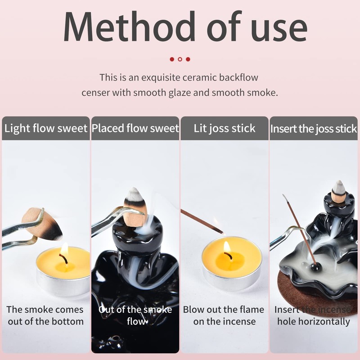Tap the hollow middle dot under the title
click(x=180, y=59)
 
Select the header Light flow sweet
click(x=45, y=128)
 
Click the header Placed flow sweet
click(x=135, y=128)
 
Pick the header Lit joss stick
click(x=225, y=128)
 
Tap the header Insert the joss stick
click(x=314, y=129)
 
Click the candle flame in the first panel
click(x=64, y=249)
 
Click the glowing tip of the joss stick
click(x=220, y=231)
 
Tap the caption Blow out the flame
click(x=224, y=310)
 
